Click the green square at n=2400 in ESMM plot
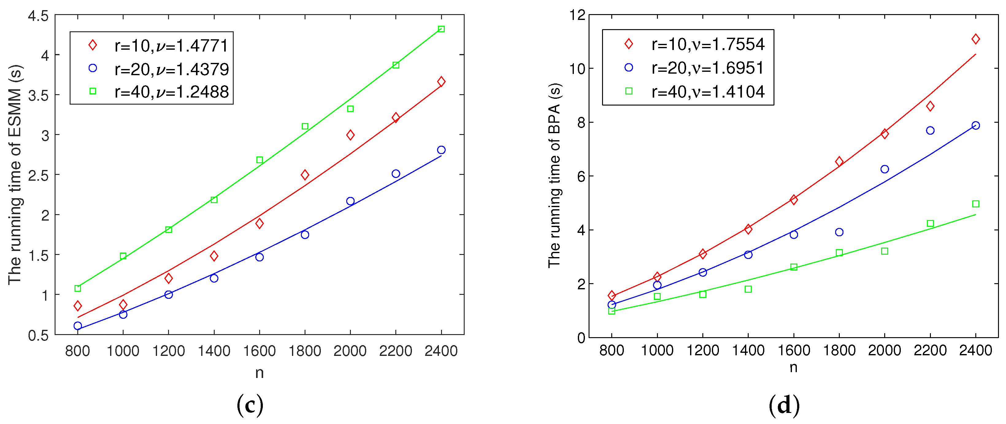click(441, 29)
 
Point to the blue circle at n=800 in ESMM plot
click(78, 326)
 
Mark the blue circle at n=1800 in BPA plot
click(839, 232)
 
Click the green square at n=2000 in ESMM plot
click(350, 109)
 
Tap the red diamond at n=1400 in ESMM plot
click(214, 256)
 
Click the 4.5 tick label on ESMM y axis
click(38, 16)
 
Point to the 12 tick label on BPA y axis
click(577, 15)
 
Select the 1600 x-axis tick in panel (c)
click(259, 351)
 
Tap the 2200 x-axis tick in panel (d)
click(930, 350)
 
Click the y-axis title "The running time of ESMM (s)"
click(16, 174)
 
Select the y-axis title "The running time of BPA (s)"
click(554, 175)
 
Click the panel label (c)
click(250, 405)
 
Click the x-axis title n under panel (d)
click(793, 367)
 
